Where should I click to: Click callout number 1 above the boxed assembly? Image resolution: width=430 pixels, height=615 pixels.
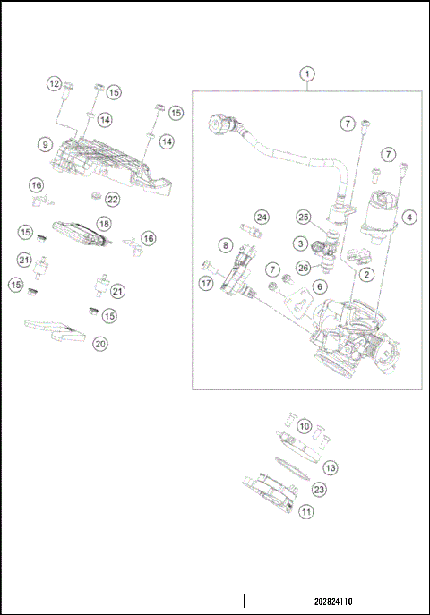click(307, 73)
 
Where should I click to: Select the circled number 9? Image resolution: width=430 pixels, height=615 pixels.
click(43, 143)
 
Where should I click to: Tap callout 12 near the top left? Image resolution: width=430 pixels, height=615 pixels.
click(54, 83)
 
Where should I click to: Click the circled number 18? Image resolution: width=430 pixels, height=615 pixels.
click(104, 222)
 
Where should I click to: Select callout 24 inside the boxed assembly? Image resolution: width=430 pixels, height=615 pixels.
click(261, 218)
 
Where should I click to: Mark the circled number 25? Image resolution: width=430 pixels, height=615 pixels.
click(304, 218)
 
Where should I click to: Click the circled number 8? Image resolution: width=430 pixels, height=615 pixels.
click(226, 244)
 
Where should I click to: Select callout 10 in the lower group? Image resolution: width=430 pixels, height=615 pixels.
click(304, 426)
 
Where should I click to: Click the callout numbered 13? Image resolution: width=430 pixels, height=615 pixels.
click(331, 467)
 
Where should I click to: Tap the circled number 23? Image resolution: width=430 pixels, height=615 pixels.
click(318, 490)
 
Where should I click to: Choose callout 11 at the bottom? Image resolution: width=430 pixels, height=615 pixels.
click(306, 512)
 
